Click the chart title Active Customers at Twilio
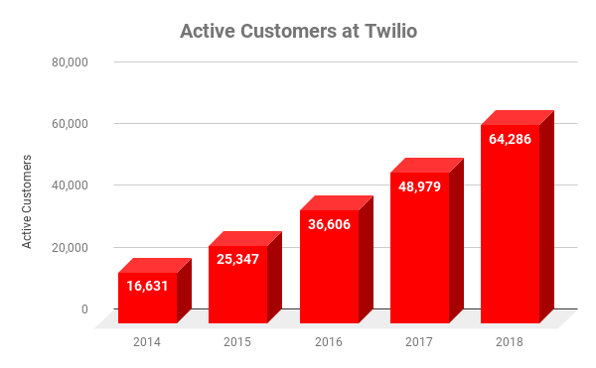coord(298,31)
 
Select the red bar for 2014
coord(147,303)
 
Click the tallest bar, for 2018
coord(510,238)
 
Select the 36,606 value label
coord(329,225)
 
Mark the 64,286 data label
coord(510,139)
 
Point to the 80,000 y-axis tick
coord(71,62)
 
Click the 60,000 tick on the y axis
coord(71,124)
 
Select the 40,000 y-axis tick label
coord(71,185)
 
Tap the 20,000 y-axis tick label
coord(71,247)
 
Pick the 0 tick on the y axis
coord(84,308)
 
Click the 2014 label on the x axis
coord(147,342)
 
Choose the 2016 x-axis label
coord(329,342)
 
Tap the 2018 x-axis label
coord(510,342)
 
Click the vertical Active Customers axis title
coord(28,201)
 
